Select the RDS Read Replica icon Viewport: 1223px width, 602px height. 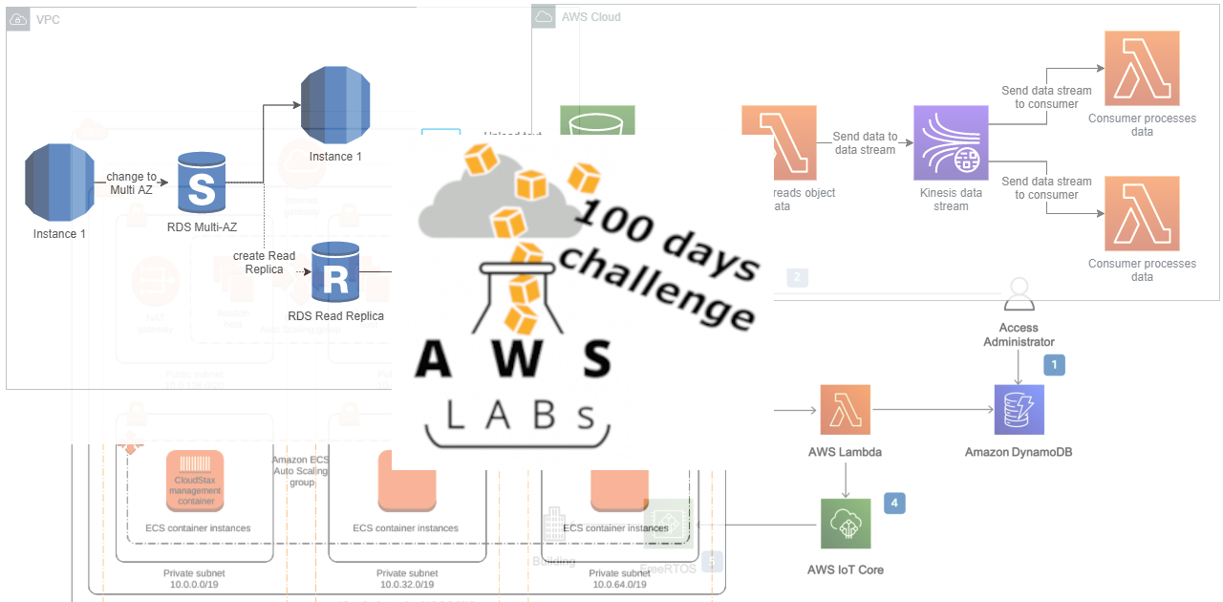(x=335, y=272)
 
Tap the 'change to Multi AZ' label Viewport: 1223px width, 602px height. (x=132, y=183)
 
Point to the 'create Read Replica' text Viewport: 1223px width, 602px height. (x=264, y=263)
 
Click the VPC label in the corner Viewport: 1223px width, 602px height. (x=47, y=19)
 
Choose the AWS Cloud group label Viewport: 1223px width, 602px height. (x=590, y=16)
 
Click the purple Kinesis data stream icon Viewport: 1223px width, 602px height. (x=951, y=141)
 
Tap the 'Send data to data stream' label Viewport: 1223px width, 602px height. (x=865, y=143)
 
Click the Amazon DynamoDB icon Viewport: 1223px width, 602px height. (x=1019, y=410)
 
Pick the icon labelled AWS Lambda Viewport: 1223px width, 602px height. (x=845, y=410)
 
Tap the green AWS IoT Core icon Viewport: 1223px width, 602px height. (x=845, y=523)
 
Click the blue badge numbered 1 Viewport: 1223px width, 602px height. (x=1054, y=364)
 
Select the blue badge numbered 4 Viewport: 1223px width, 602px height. (x=893, y=503)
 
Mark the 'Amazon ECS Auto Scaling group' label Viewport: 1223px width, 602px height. (x=301, y=471)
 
